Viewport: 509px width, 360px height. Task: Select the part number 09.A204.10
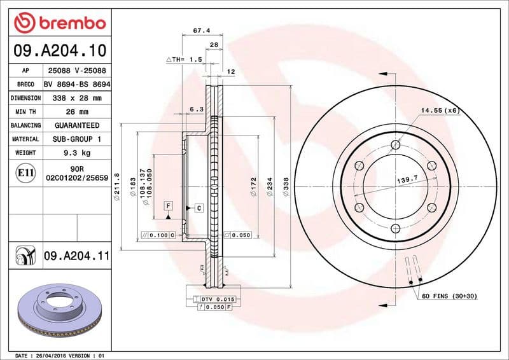pyautogui.click(x=60, y=50)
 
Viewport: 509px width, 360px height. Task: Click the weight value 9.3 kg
pyautogui.click(x=76, y=153)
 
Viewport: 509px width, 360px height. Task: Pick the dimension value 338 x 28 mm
pyautogui.click(x=76, y=98)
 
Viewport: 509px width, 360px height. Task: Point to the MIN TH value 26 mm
pyautogui.click(x=76, y=112)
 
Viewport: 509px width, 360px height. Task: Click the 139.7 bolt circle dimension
pyautogui.click(x=406, y=181)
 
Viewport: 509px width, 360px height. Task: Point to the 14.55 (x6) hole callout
pyautogui.click(x=439, y=111)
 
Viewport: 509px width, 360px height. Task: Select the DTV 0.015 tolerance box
pyautogui.click(x=218, y=299)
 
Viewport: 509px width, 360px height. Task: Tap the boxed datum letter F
pyautogui.click(x=168, y=205)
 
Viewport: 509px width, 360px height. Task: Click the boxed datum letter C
pyautogui.click(x=199, y=208)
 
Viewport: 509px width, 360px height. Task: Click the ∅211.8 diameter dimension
pyautogui.click(x=117, y=184)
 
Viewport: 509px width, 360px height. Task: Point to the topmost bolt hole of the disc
pyautogui.click(x=396, y=145)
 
